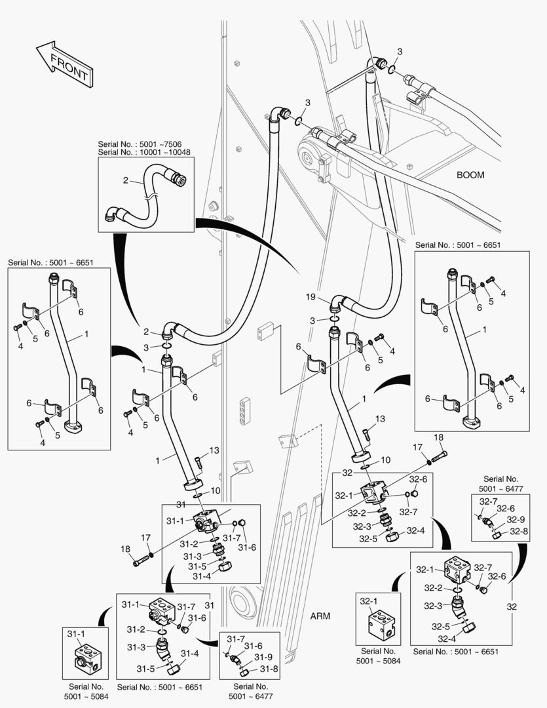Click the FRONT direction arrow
tap(63, 64)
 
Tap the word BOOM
tap(470, 175)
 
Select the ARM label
tap(319, 616)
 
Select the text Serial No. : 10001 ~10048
tap(143, 152)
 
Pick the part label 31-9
tap(263, 658)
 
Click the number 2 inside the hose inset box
tap(125, 180)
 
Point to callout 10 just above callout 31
tap(214, 490)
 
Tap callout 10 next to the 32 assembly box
tap(385, 460)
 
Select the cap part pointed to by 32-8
tap(497, 535)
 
